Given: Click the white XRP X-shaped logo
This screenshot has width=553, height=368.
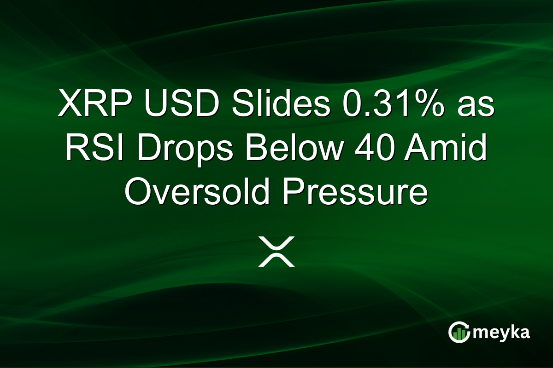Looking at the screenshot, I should [x=276, y=252].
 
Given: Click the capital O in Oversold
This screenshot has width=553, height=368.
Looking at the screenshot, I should [x=137, y=193].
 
